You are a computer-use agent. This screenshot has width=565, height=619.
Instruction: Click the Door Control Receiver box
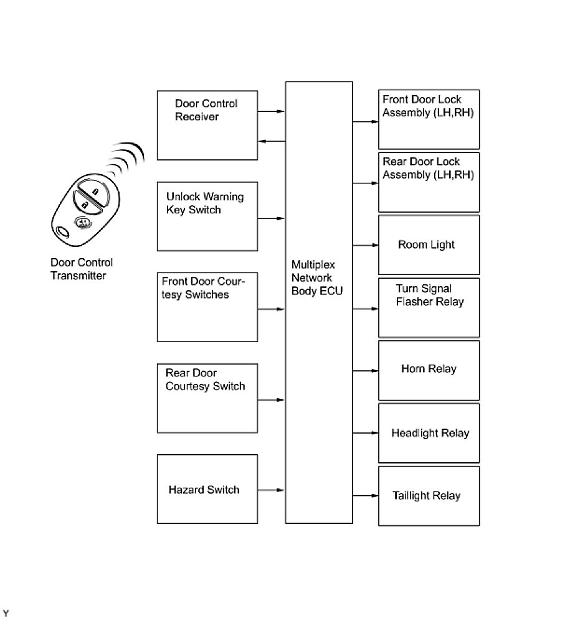pyautogui.click(x=207, y=125)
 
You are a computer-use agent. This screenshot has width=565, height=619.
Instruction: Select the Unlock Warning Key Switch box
pyautogui.click(x=207, y=216)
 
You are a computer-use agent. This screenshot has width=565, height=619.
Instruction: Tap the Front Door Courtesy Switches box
pyautogui.click(x=207, y=307)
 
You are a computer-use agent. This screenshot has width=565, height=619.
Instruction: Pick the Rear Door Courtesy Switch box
pyautogui.click(x=207, y=398)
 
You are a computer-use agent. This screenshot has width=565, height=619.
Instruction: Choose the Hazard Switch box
pyautogui.click(x=207, y=489)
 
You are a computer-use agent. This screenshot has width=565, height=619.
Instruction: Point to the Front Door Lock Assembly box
pyautogui.click(x=429, y=119)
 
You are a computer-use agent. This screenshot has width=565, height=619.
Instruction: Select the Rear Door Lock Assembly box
pyautogui.click(x=429, y=182)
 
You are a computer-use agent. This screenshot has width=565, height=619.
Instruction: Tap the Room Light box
pyautogui.click(x=429, y=244)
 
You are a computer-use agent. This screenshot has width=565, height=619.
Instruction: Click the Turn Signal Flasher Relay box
pyautogui.click(x=429, y=307)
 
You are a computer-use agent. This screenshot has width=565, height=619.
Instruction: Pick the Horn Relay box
pyautogui.click(x=429, y=370)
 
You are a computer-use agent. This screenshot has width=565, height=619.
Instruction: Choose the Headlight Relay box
pyautogui.click(x=429, y=433)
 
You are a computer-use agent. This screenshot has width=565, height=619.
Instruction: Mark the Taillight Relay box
pyautogui.click(x=429, y=496)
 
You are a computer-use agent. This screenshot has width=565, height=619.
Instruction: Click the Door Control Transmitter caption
pyautogui.click(x=82, y=269)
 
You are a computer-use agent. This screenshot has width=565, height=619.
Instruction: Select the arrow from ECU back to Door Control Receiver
pyautogui.click(x=272, y=141)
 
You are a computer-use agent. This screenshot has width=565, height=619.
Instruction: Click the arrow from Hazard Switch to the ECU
pyautogui.click(x=272, y=490)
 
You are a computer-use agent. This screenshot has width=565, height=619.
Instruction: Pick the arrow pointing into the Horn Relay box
pyautogui.click(x=366, y=371)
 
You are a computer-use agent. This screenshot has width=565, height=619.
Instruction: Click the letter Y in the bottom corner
pyautogui.click(x=6, y=613)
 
